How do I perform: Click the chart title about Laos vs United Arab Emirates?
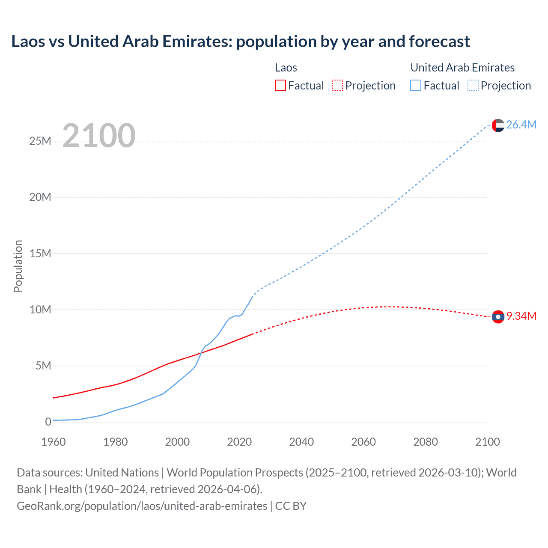(240, 42)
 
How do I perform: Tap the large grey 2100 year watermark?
(99, 136)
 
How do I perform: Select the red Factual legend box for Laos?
(280, 85)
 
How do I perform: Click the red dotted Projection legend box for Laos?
(337, 85)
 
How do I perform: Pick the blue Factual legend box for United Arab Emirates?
(415, 85)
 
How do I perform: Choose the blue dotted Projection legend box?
(473, 85)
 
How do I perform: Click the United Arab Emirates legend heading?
(462, 68)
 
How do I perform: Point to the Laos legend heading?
(286, 68)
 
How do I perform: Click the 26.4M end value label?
(521, 125)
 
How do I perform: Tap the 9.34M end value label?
(521, 316)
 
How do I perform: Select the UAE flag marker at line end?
(498, 125)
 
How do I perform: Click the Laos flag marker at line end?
(498, 317)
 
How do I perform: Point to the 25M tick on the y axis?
(40, 141)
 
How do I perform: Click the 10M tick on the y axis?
(40, 310)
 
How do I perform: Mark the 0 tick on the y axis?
(48, 422)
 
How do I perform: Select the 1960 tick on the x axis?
(54, 442)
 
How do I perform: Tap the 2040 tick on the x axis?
(301, 442)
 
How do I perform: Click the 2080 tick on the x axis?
(426, 442)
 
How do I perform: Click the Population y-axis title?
(18, 266)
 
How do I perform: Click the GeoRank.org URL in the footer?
(142, 506)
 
